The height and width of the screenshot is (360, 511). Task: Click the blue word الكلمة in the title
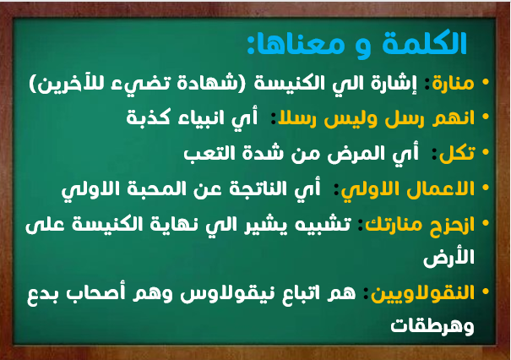425,43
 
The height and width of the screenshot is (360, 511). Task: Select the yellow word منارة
453,83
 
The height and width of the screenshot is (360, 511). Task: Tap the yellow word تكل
457,153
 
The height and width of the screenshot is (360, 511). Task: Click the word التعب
209,153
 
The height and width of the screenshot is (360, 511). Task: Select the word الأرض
448,259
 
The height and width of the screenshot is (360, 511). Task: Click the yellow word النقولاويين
422,293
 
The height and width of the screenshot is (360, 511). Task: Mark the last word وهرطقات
432,326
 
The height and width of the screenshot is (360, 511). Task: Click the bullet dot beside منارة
486,82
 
